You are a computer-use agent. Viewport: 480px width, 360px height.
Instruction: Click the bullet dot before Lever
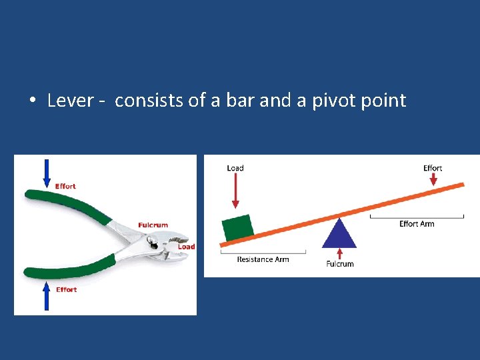pyautogui.click(x=32, y=101)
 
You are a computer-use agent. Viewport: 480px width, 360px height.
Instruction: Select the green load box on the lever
pyautogui.click(x=238, y=227)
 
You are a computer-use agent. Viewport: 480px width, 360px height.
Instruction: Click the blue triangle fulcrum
pyautogui.click(x=339, y=233)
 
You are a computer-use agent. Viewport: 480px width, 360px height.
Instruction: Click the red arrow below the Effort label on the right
pyautogui.click(x=433, y=179)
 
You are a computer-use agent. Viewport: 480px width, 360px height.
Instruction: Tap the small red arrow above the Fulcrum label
pyautogui.click(x=339, y=253)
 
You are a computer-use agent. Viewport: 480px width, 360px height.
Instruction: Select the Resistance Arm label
pyautogui.click(x=263, y=259)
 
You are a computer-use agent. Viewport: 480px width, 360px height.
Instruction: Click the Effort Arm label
pyautogui.click(x=417, y=224)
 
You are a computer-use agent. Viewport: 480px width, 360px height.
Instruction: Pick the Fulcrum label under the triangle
pyautogui.click(x=339, y=264)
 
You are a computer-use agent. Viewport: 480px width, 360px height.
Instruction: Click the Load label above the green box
pyautogui.click(x=235, y=168)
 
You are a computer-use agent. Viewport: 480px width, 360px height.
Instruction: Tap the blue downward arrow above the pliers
pyautogui.click(x=46, y=173)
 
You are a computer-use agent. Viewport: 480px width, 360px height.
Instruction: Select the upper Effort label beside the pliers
pyautogui.click(x=65, y=187)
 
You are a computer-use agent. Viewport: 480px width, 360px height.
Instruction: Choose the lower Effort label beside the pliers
pyautogui.click(x=66, y=290)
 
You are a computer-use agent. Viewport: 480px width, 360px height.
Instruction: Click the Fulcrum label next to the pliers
pyautogui.click(x=153, y=225)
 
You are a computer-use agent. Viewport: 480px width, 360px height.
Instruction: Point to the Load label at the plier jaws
pyautogui.click(x=186, y=247)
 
